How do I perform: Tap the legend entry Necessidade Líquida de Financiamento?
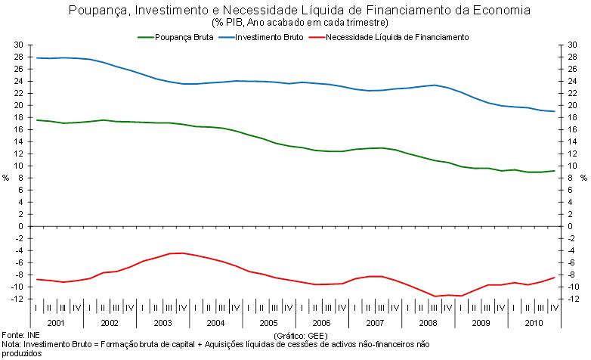click(392, 36)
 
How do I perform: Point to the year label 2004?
click(215, 322)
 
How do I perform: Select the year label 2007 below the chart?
click(375, 322)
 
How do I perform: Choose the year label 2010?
click(534, 322)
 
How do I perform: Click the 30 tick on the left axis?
click(19, 45)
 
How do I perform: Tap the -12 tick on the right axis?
click(571, 299)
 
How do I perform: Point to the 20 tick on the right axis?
click(571, 105)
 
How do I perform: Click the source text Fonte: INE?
click(20, 334)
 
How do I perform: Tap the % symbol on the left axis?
click(5, 178)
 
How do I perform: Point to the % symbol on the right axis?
click(585, 178)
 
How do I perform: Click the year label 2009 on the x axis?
click(481, 322)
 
